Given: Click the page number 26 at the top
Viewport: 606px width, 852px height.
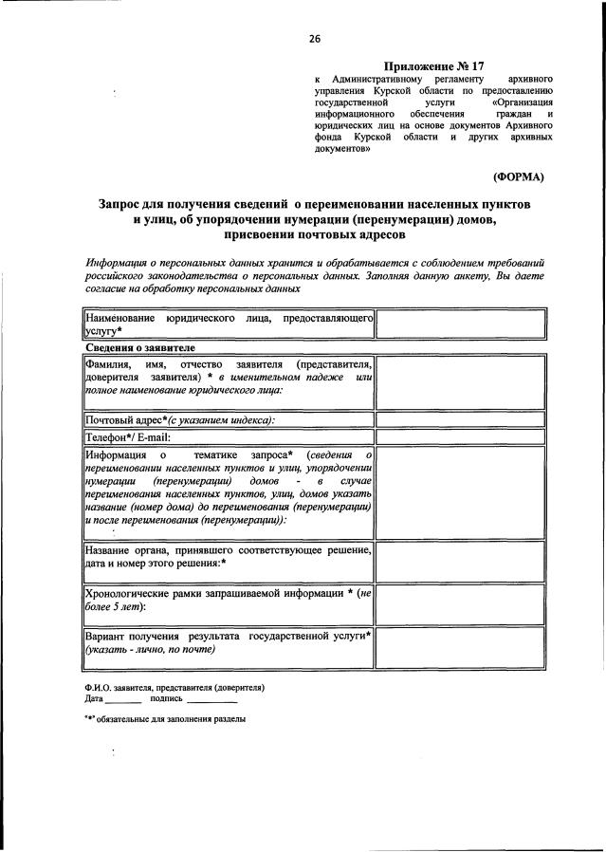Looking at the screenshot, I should coord(314,38).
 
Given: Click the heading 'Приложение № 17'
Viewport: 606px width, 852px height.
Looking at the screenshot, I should coord(435,66).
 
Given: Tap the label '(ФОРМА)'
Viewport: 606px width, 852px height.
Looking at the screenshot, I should coord(518,176).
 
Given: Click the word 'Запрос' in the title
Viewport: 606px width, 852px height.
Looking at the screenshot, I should coord(126,204).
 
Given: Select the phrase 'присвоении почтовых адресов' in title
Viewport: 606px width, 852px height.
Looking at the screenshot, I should coord(314,234).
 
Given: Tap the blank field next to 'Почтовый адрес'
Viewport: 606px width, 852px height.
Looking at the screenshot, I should coord(461,420).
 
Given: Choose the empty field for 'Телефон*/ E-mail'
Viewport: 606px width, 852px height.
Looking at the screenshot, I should coord(461,437).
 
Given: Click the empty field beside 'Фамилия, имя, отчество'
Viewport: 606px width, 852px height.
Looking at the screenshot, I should coord(461,382).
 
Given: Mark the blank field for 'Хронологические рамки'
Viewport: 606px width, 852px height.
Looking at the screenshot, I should coord(461,601).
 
